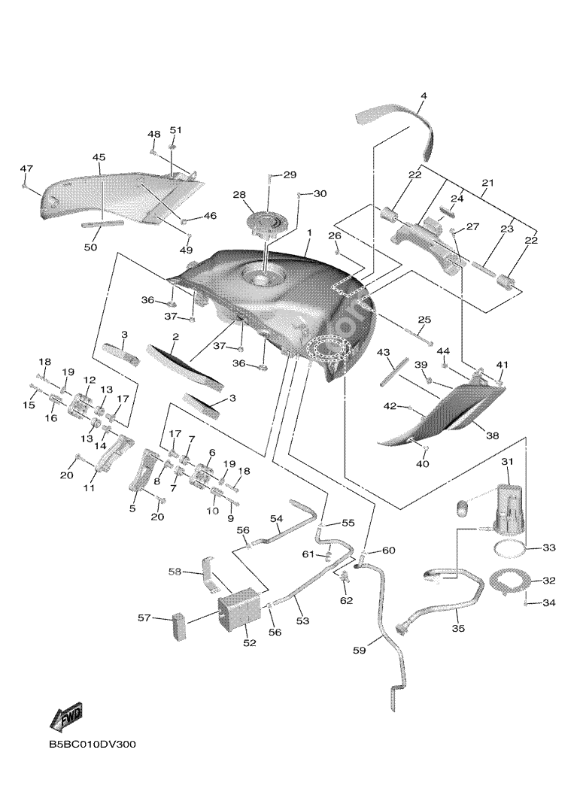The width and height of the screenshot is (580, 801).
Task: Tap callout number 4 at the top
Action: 424,96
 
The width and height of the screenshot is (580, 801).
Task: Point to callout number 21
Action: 487,183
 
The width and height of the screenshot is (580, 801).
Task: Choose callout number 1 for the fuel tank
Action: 308,235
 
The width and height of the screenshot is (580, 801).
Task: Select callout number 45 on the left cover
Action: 99,157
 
